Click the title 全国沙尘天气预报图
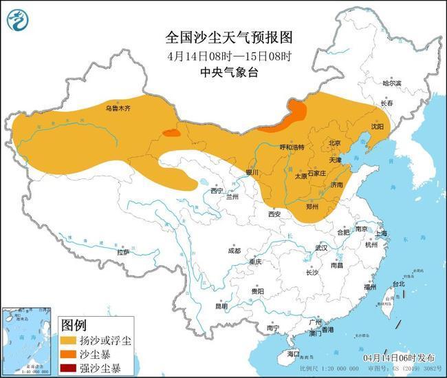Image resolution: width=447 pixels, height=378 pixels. click(220, 36)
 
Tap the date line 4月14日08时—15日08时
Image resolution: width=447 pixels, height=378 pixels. click(219, 55)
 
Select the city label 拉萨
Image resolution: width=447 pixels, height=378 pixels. click(123, 252)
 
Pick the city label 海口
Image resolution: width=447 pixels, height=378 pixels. click(294, 353)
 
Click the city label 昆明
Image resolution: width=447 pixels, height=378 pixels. click(221, 306)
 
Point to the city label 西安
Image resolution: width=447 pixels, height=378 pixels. click(275, 214)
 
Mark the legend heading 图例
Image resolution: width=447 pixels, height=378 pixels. click(74, 324)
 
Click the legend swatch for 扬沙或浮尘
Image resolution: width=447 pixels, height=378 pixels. click(69, 340)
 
